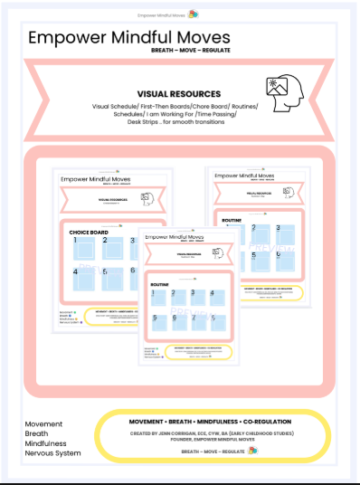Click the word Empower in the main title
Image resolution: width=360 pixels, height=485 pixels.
tap(71, 38)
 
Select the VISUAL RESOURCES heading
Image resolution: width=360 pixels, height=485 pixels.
tap(179, 93)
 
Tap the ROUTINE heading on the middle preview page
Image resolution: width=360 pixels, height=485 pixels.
tap(161, 284)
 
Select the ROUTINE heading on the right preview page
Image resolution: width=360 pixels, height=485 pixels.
tap(232, 219)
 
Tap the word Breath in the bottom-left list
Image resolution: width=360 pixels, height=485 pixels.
tap(37, 433)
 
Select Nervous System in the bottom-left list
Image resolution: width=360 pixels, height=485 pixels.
tap(52, 454)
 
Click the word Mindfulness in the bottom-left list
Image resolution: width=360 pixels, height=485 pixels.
tap(47, 444)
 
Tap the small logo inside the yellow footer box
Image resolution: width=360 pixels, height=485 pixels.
tap(252, 450)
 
